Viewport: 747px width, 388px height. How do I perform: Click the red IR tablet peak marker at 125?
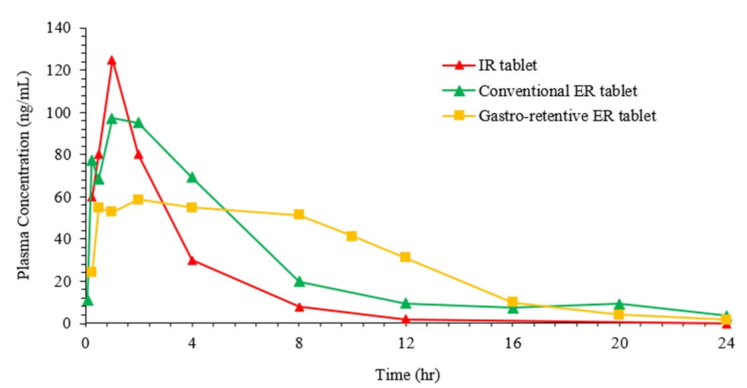pyautogui.click(x=112, y=60)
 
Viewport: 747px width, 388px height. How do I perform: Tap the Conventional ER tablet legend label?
pyautogui.click(x=557, y=91)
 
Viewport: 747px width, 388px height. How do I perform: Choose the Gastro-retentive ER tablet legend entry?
pyautogui.click(x=567, y=116)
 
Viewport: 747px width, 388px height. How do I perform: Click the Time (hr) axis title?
pyautogui.click(x=406, y=371)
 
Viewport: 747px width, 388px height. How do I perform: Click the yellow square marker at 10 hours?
pyautogui.click(x=351, y=236)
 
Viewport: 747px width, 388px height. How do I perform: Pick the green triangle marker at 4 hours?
pyautogui.click(x=192, y=178)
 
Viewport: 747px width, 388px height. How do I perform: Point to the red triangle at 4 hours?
pyautogui.click(x=192, y=260)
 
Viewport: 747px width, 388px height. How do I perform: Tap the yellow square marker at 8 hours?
pyautogui.click(x=299, y=214)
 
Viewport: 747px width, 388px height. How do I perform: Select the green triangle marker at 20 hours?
pyautogui.click(x=619, y=304)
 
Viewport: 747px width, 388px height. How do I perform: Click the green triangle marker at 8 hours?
pyautogui.click(x=299, y=281)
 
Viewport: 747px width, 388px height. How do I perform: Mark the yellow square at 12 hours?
pyautogui.click(x=405, y=257)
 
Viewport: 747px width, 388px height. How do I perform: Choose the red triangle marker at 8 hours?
pyautogui.click(x=299, y=307)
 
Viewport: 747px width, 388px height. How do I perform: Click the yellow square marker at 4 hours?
pyautogui.click(x=192, y=207)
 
